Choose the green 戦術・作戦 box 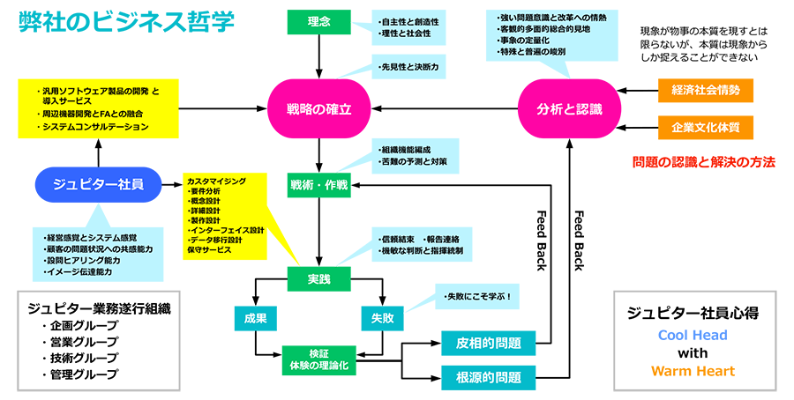(x=319, y=185)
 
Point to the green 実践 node (x=319, y=280)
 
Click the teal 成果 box (x=255, y=318)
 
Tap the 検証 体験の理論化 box (x=319, y=358)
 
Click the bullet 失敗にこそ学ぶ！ (x=478, y=296)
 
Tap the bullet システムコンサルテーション (x=95, y=128)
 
